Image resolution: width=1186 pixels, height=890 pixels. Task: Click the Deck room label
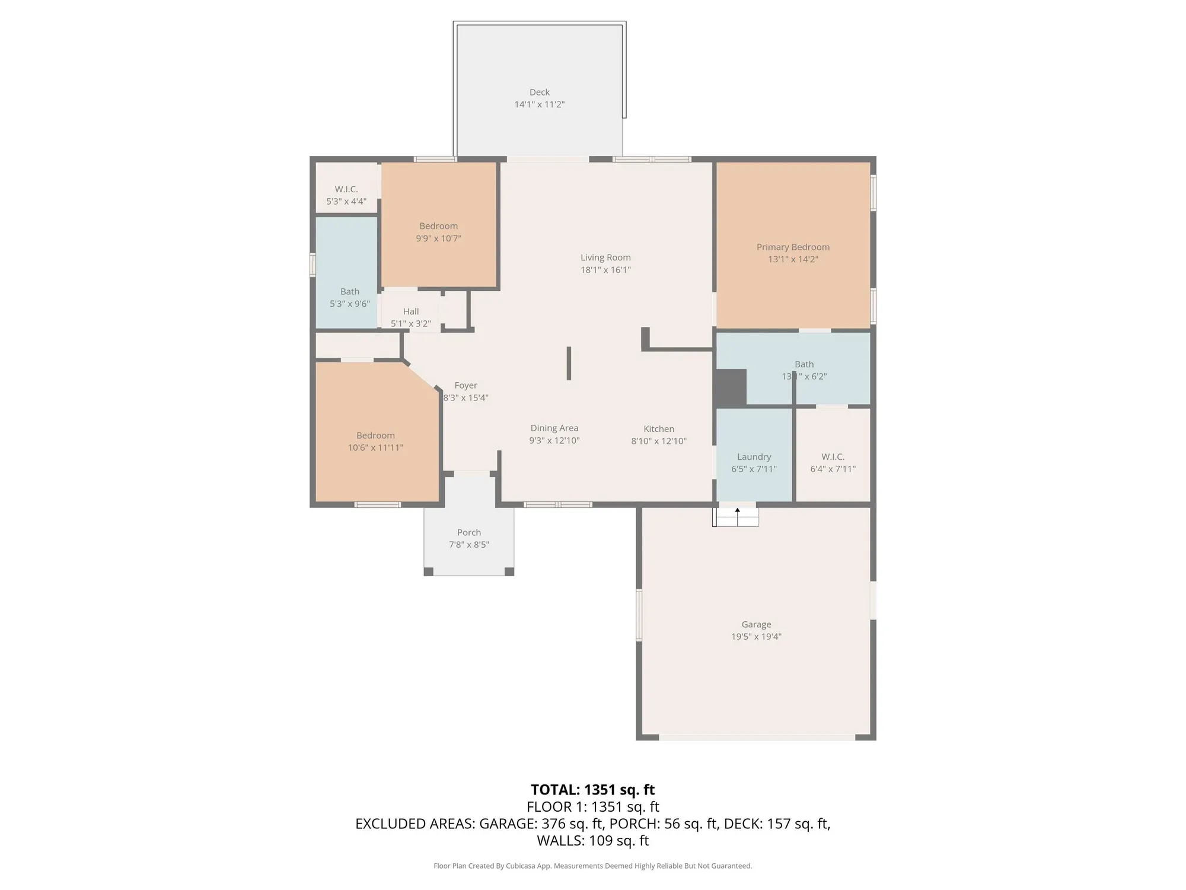(x=539, y=92)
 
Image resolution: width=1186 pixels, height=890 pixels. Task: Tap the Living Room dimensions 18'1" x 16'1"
(x=605, y=270)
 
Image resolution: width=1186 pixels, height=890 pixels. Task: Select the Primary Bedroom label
(x=792, y=247)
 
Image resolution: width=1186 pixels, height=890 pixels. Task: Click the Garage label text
(x=755, y=624)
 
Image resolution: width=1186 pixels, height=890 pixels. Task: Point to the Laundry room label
(x=754, y=457)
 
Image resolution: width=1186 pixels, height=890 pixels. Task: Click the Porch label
(x=468, y=532)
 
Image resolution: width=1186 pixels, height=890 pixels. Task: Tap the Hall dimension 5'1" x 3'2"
(x=410, y=324)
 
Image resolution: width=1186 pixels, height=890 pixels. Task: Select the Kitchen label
(x=658, y=428)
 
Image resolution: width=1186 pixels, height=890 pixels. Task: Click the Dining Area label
(x=554, y=428)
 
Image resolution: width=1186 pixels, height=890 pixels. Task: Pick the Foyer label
(x=466, y=385)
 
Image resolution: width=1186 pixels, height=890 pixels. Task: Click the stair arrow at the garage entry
(x=737, y=510)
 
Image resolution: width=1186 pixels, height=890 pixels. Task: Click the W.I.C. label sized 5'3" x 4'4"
(x=346, y=189)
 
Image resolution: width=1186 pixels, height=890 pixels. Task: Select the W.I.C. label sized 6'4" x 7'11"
(x=833, y=457)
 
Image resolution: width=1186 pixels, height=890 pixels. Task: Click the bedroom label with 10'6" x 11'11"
(x=375, y=436)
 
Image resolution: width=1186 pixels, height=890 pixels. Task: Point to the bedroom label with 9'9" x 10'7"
(x=438, y=226)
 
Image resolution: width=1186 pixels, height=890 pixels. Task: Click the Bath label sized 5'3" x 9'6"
(x=349, y=291)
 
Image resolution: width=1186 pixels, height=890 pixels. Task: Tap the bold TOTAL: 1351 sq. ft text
(x=592, y=790)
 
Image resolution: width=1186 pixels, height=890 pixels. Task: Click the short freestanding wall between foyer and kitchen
(x=569, y=363)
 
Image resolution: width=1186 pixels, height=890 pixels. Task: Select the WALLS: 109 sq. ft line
(x=592, y=840)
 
